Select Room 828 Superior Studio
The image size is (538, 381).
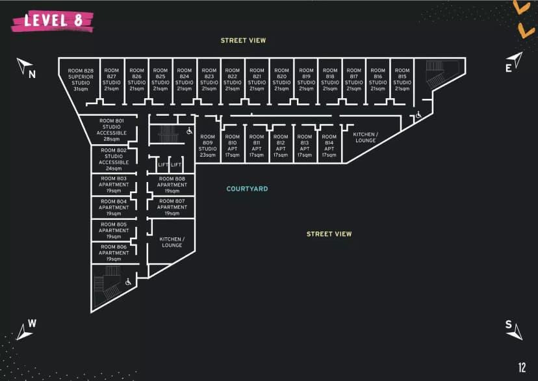[x=81, y=79]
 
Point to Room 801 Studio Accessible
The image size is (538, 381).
[x=112, y=130]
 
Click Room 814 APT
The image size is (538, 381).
[x=329, y=146]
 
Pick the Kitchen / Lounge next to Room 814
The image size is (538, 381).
[x=365, y=137]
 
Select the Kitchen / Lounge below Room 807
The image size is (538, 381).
[x=172, y=242]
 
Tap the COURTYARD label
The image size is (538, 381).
[x=247, y=189]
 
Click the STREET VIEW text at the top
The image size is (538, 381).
[x=243, y=40]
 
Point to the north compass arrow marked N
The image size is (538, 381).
[x=25, y=67]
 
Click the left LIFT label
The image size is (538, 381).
[x=163, y=165]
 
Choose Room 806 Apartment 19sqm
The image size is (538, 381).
[x=114, y=253]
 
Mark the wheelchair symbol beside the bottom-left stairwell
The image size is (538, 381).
[x=129, y=282]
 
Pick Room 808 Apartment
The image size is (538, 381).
[x=172, y=185]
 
